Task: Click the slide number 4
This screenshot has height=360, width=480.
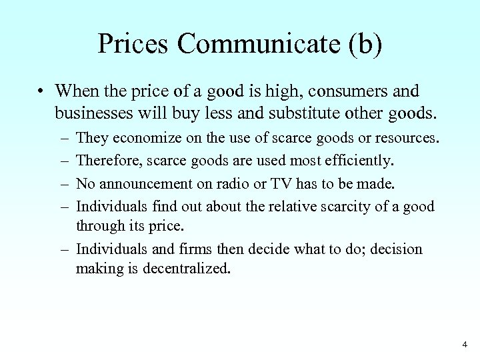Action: point(464,345)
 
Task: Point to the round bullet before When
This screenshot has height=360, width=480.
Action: point(41,90)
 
